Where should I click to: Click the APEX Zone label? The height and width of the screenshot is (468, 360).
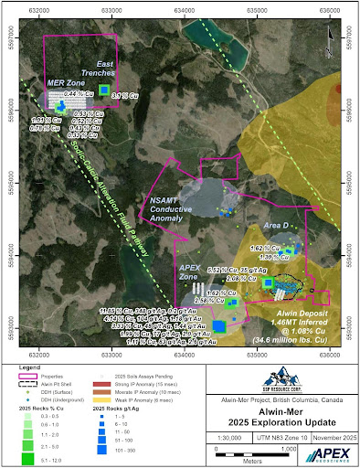coord(189,271)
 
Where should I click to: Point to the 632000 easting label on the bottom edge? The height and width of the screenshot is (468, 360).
coord(38,347)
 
